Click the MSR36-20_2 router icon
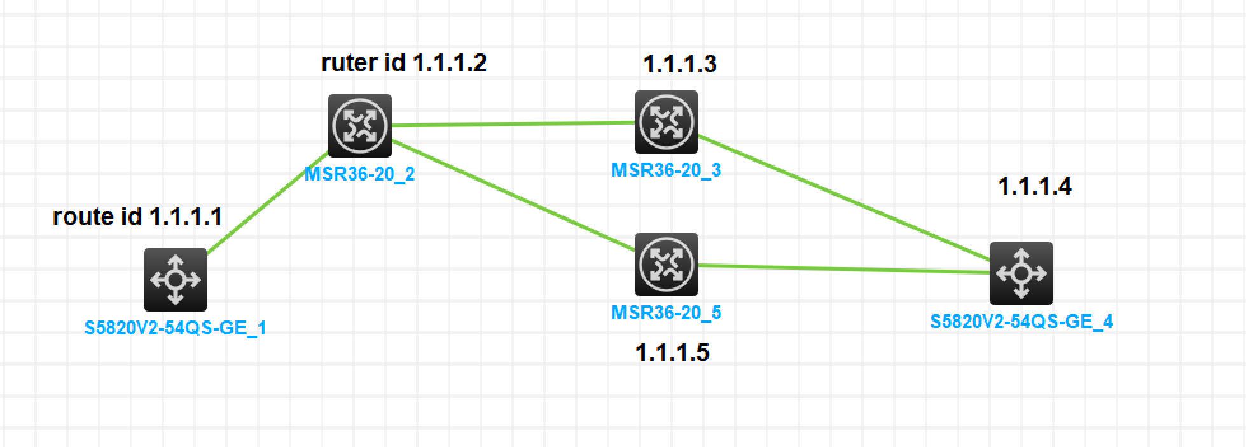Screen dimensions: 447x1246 coord(360,125)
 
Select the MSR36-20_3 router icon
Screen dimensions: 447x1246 coord(666,121)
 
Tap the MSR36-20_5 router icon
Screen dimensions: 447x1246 coord(666,264)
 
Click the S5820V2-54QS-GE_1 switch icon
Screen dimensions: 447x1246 coord(176,279)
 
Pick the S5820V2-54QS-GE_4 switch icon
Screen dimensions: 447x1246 coord(1021,273)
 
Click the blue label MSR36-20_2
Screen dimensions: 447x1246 coord(359,174)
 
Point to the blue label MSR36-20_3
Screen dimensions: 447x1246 coord(666,170)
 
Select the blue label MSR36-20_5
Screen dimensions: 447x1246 coord(666,313)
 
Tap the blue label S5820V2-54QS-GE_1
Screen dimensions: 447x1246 coord(176,328)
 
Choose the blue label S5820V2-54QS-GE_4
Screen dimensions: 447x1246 coord(1021,322)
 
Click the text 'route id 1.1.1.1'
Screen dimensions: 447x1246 coord(137,217)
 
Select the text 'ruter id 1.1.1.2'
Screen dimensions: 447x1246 coord(404,63)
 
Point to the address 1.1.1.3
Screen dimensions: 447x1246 coord(679,64)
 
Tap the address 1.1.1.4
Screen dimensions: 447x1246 coord(1035,186)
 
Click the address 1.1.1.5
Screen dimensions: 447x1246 coord(672,352)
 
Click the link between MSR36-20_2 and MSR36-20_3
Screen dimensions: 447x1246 coord(513,124)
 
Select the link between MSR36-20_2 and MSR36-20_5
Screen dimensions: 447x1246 coord(513,194)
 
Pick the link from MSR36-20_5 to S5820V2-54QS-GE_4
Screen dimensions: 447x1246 coord(844,269)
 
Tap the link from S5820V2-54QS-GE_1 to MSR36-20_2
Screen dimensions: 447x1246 coord(267,202)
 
